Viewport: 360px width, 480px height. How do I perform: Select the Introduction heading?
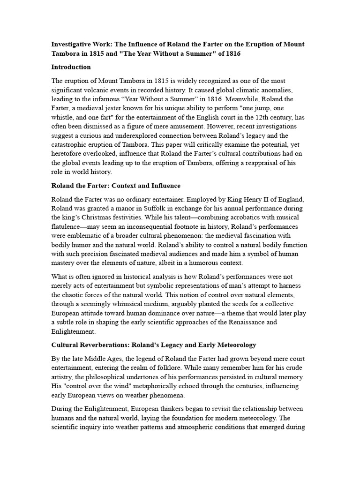point(71,67)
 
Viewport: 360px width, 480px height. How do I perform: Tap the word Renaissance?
point(253,322)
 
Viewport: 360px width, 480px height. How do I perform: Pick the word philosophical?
point(98,377)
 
